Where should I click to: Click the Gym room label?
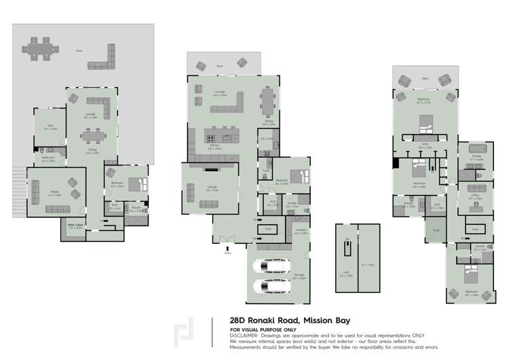pyautogui.click(x=50, y=126)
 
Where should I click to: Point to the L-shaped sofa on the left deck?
pyautogui.click(x=103, y=58)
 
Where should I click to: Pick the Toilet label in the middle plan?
pyautogui.click(x=267, y=170)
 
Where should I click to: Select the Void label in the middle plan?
pyautogui.click(x=269, y=229)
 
